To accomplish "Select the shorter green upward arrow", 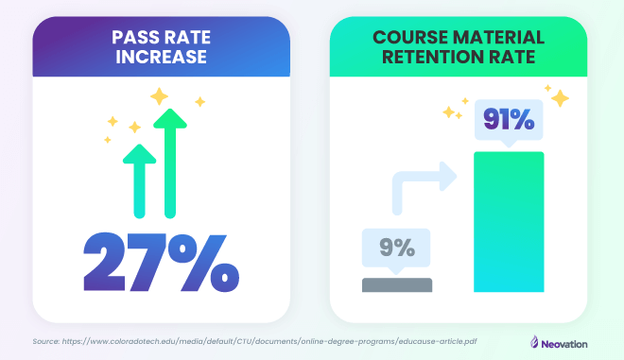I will (140, 180).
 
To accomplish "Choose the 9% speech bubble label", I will (396, 249).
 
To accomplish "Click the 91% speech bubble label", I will (509, 122).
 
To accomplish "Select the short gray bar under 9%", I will (396, 284).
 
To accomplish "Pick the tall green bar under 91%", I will (509, 221).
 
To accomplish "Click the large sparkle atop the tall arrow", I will (159, 96).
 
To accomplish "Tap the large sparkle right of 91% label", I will (560, 98).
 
